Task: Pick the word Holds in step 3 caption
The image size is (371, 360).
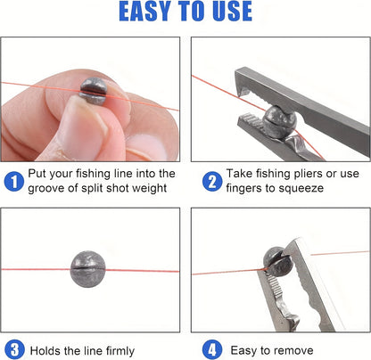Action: (x=46, y=350)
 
